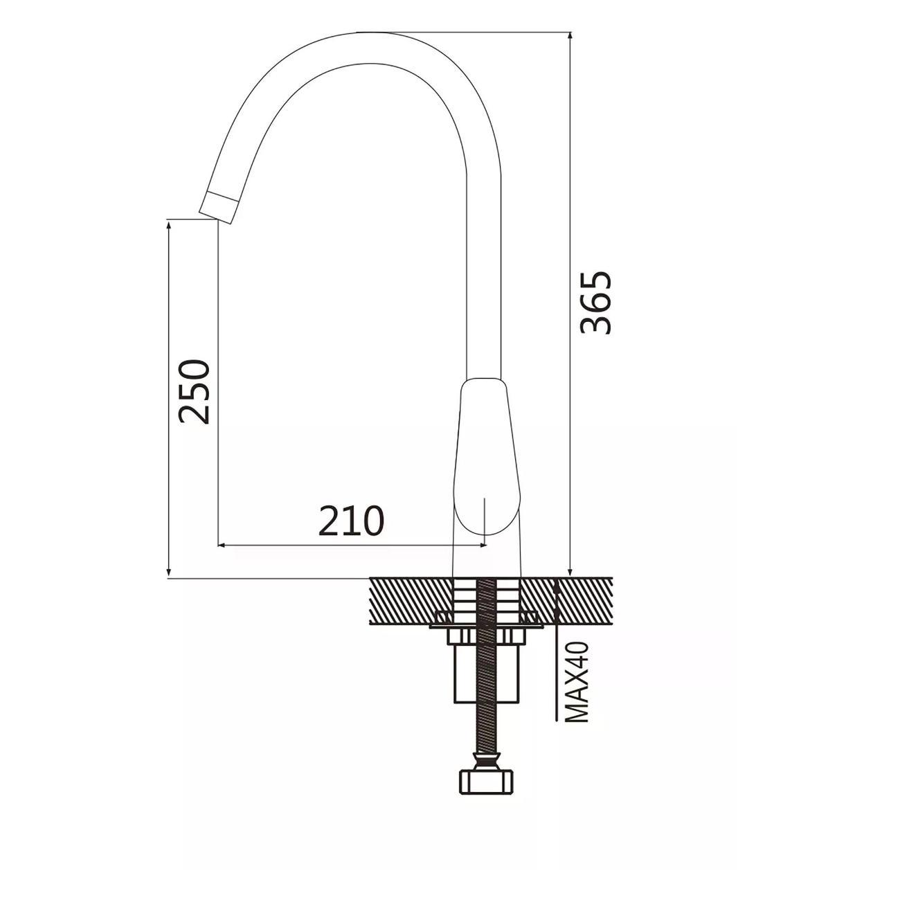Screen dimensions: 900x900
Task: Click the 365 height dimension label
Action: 595,303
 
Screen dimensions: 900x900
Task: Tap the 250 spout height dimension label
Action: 195,391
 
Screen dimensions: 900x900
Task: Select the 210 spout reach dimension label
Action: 351,521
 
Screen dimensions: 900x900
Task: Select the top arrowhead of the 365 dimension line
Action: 570,38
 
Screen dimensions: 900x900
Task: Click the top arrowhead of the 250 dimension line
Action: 169,226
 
